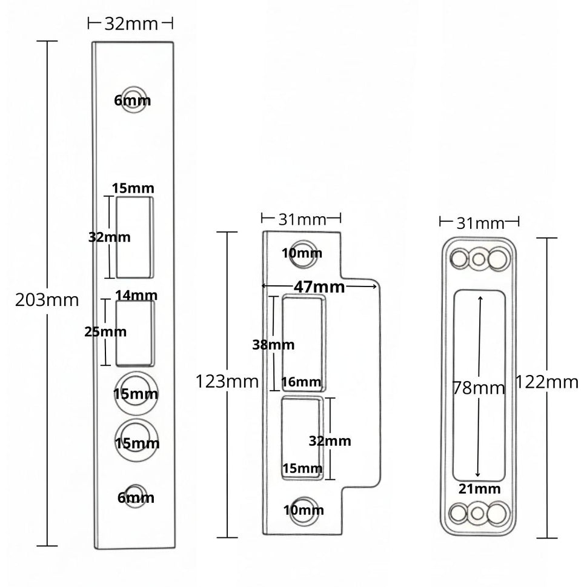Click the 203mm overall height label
click(47, 300)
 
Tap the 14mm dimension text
click(136, 296)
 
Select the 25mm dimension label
click(105, 332)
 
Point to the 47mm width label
click(319, 287)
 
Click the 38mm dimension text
click(273, 345)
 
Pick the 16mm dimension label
click(301, 382)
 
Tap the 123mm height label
click(227, 382)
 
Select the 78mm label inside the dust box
click(479, 388)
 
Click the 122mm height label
click(548, 382)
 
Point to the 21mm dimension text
click(479, 489)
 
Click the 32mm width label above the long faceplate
click(131, 24)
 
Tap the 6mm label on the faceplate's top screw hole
click(132, 101)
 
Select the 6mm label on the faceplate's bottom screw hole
click(136, 498)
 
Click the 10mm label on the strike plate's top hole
click(302, 253)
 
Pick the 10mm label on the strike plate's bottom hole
click(303, 510)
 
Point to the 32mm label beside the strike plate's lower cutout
click(330, 441)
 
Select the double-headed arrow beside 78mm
click(479, 339)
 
